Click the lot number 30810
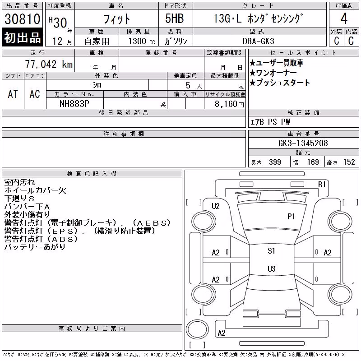coord(22,19)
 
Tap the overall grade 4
coord(344,19)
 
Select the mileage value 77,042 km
coord(49,64)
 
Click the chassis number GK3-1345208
coord(303,143)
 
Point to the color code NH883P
coord(74,104)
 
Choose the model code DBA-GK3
coord(259,41)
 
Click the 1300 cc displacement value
coord(142,42)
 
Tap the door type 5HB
coord(175,19)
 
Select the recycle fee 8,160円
coord(229,104)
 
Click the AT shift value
coord(13,94)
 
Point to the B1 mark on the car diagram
coord(322,185)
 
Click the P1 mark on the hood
coord(291,217)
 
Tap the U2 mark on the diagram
coord(216,206)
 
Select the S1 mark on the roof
coord(272,251)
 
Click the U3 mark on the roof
coord(272,268)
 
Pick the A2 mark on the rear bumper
coord(222,333)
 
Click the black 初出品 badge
coord(22,37)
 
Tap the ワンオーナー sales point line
coord(273,73)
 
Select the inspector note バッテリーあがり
coord(35,247)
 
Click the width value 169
coord(313,162)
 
